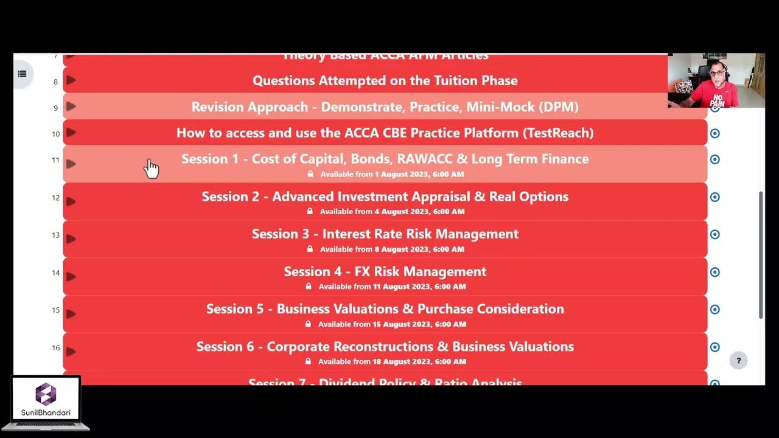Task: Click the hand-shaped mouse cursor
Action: click(151, 169)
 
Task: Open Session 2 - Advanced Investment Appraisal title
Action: click(385, 196)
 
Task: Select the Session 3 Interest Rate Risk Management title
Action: click(385, 234)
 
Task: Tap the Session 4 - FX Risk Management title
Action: click(385, 271)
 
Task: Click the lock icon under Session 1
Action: click(310, 174)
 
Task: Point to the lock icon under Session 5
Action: click(308, 324)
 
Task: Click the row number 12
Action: click(55, 198)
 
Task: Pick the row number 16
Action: click(55, 348)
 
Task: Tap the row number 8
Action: click(55, 82)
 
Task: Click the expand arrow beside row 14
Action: click(71, 276)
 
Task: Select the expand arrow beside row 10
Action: click(71, 132)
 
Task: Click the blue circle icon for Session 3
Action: click(715, 234)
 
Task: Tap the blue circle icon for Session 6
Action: click(715, 347)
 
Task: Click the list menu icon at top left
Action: click(22, 74)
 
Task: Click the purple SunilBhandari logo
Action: click(46, 394)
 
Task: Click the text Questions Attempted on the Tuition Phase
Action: click(385, 80)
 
